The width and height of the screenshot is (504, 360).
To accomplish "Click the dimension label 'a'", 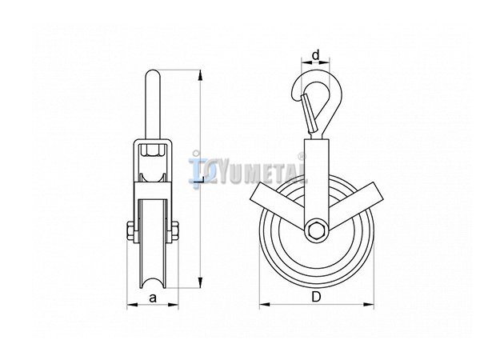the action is coord(153,298).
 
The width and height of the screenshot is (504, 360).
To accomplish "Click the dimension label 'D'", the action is coord(316,297).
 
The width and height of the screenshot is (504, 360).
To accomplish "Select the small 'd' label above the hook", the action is coord(316,55).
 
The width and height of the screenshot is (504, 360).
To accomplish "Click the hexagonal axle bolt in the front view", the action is coord(316,230).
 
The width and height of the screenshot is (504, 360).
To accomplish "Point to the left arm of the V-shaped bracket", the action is coord(278,206).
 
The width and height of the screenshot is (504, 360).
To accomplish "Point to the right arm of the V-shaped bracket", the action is coord(353,205).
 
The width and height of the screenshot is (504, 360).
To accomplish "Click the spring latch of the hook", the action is coord(308,114).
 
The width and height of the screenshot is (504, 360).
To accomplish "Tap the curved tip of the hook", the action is coord(295,94).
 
